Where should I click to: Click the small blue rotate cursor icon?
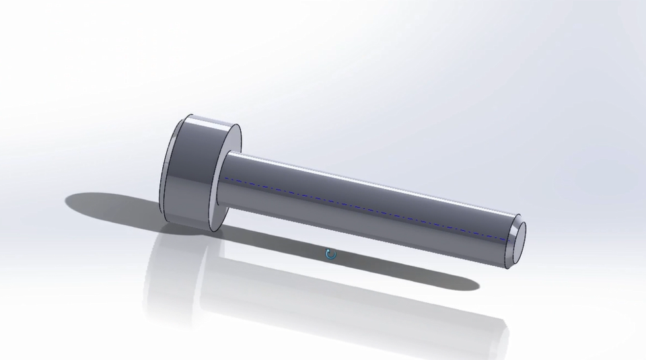pyautogui.click(x=330, y=254)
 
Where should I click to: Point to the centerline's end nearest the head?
pyautogui.click(x=225, y=179)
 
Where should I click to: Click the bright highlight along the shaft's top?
pyautogui.click(x=363, y=176)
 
